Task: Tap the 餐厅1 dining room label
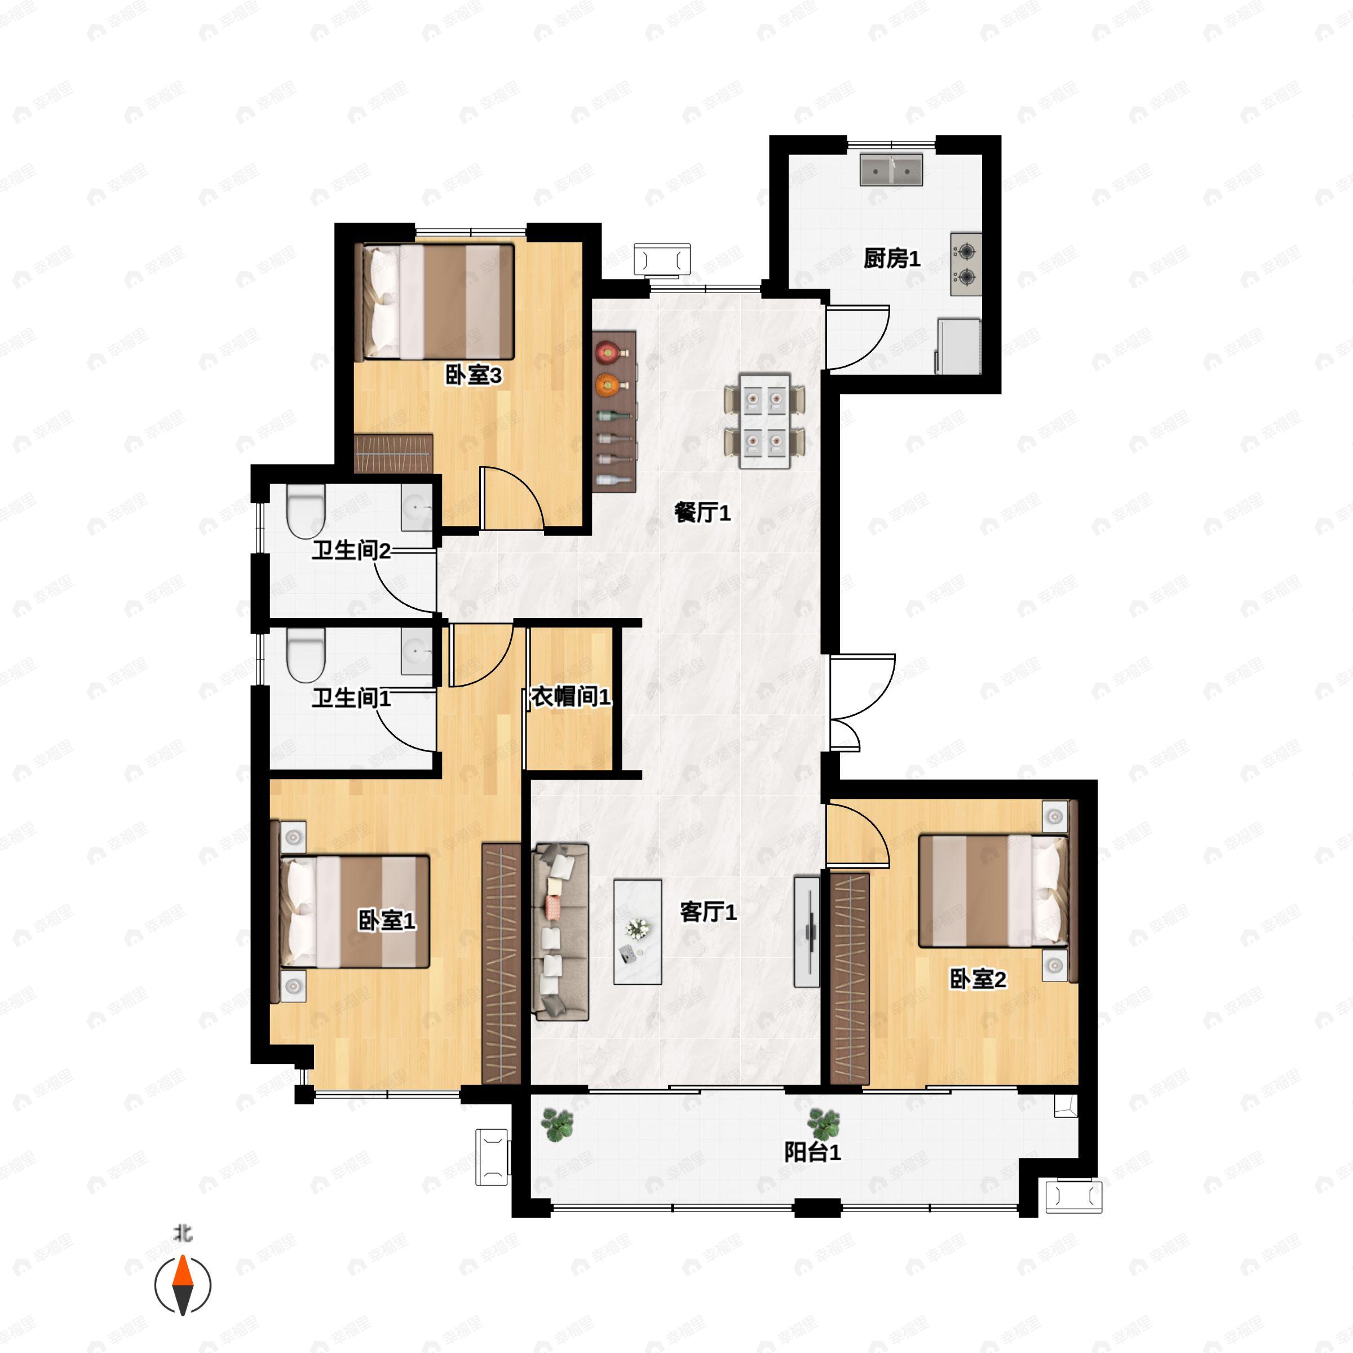point(702,514)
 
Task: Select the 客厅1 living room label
point(708,912)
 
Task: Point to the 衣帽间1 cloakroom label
point(570,696)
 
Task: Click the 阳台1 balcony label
point(812,1152)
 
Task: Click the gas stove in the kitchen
point(966,264)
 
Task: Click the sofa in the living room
point(560,931)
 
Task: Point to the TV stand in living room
point(807,931)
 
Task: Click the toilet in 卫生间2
point(306,512)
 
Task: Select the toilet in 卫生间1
point(306,656)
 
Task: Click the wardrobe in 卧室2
point(850,978)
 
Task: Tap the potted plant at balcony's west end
point(558,1125)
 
